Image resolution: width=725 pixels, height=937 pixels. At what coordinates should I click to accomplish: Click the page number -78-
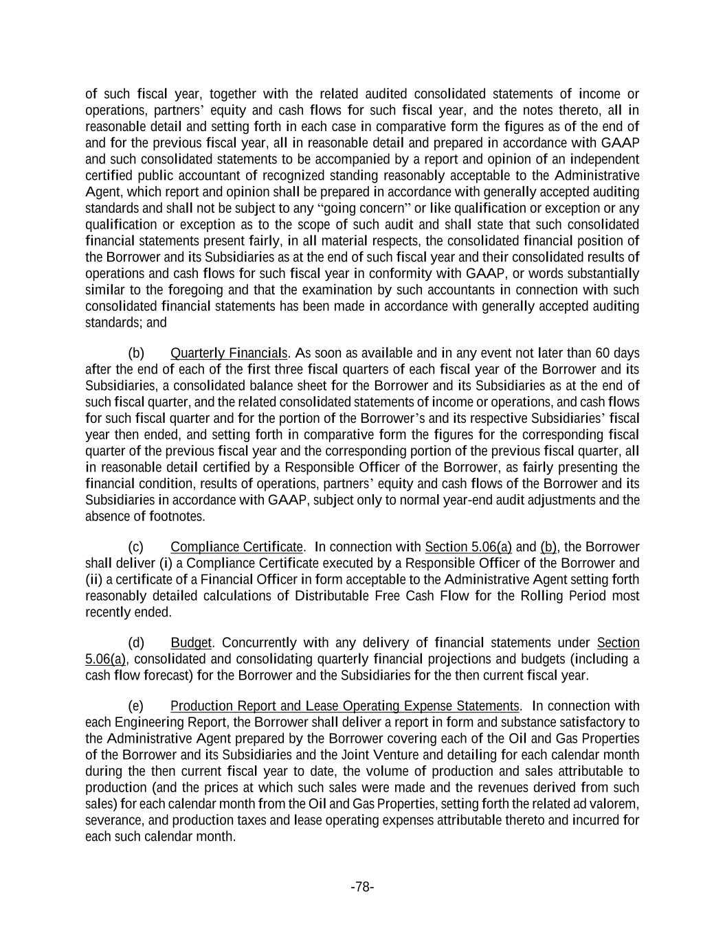[x=362, y=887]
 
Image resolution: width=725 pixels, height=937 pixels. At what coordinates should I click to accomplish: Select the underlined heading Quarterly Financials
[x=228, y=354]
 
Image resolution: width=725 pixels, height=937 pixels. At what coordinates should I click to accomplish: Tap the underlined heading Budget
[x=191, y=643]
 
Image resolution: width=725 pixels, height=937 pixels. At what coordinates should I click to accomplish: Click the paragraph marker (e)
[x=136, y=706]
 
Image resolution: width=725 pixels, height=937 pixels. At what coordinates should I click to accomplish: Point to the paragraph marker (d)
[x=136, y=643]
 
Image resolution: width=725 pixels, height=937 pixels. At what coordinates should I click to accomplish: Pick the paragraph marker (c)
[x=136, y=547]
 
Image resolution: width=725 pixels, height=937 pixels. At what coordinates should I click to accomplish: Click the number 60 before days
[x=603, y=354]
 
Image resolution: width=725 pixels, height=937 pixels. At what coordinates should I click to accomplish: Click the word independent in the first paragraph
[x=605, y=159]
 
